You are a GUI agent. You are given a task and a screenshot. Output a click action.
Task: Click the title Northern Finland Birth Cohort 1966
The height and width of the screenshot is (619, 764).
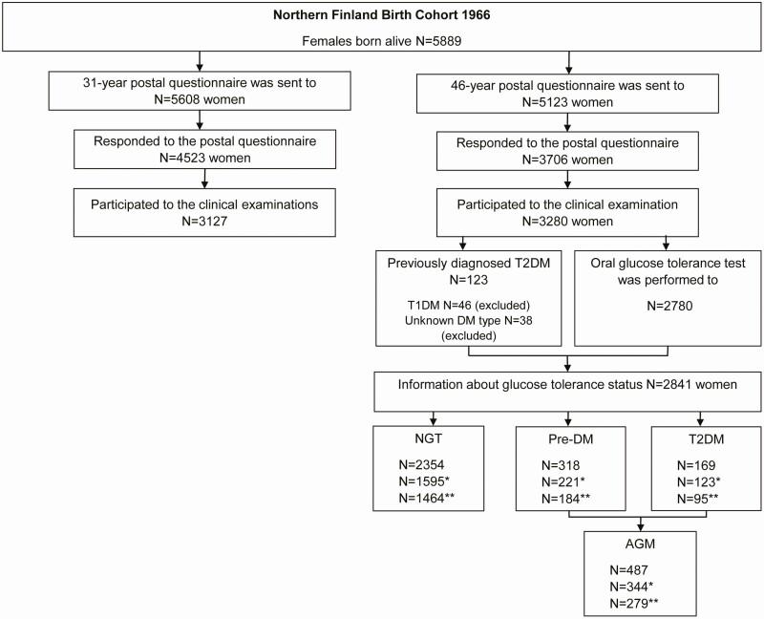tap(382, 15)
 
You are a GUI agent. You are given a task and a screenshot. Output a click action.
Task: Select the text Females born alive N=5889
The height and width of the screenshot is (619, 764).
tap(382, 41)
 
